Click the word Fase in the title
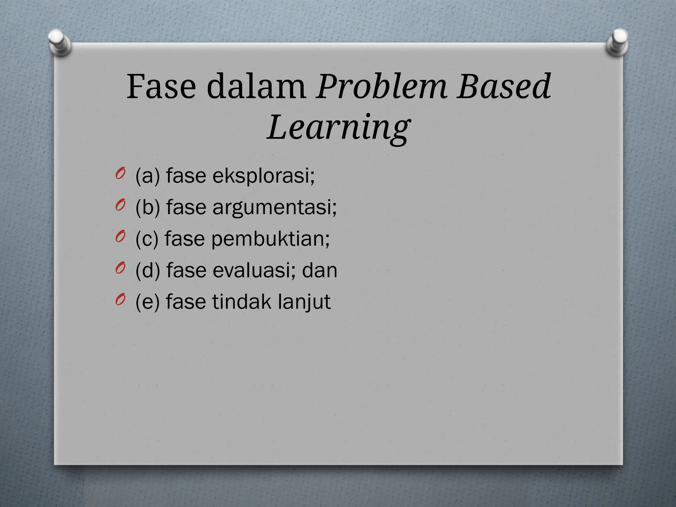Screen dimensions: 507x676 tap(161, 86)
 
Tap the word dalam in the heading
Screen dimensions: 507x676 tap(256, 86)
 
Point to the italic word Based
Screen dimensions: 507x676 tap(504, 86)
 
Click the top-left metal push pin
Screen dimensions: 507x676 tap(59, 42)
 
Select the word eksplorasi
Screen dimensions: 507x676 tap(263, 176)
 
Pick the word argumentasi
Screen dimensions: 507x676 tap(274, 208)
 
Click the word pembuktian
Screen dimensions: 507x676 tap(270, 239)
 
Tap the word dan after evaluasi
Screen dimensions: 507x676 tap(320, 270)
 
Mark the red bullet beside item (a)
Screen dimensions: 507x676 tap(120, 174)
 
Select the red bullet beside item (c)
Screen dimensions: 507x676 tap(120, 237)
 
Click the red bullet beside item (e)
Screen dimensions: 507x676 tap(120, 299)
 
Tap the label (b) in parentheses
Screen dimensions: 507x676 tap(148, 208)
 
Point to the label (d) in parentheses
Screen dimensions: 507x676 tap(148, 270)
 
